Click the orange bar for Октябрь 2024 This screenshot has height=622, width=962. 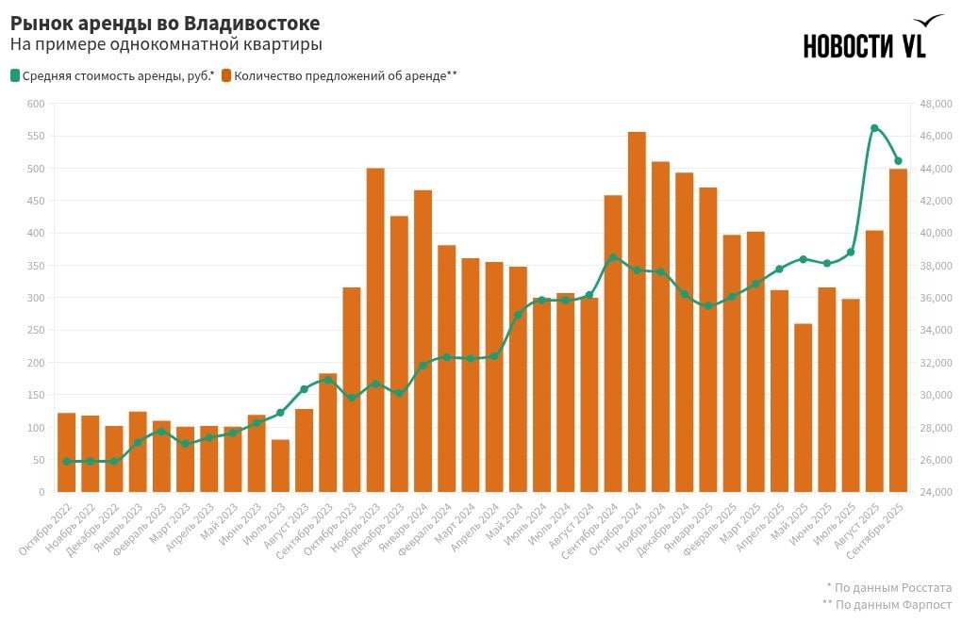[x=637, y=312]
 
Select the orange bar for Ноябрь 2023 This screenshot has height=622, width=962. [x=375, y=330]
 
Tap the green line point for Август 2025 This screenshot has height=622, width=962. [x=874, y=128]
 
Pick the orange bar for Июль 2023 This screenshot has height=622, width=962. [x=280, y=466]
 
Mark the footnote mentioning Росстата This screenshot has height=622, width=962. [x=889, y=586]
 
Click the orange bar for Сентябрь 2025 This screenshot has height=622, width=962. [x=898, y=330]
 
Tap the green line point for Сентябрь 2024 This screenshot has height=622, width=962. [x=613, y=257]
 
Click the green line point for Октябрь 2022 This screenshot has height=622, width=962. [x=67, y=461]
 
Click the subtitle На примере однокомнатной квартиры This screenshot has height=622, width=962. [x=166, y=44]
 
